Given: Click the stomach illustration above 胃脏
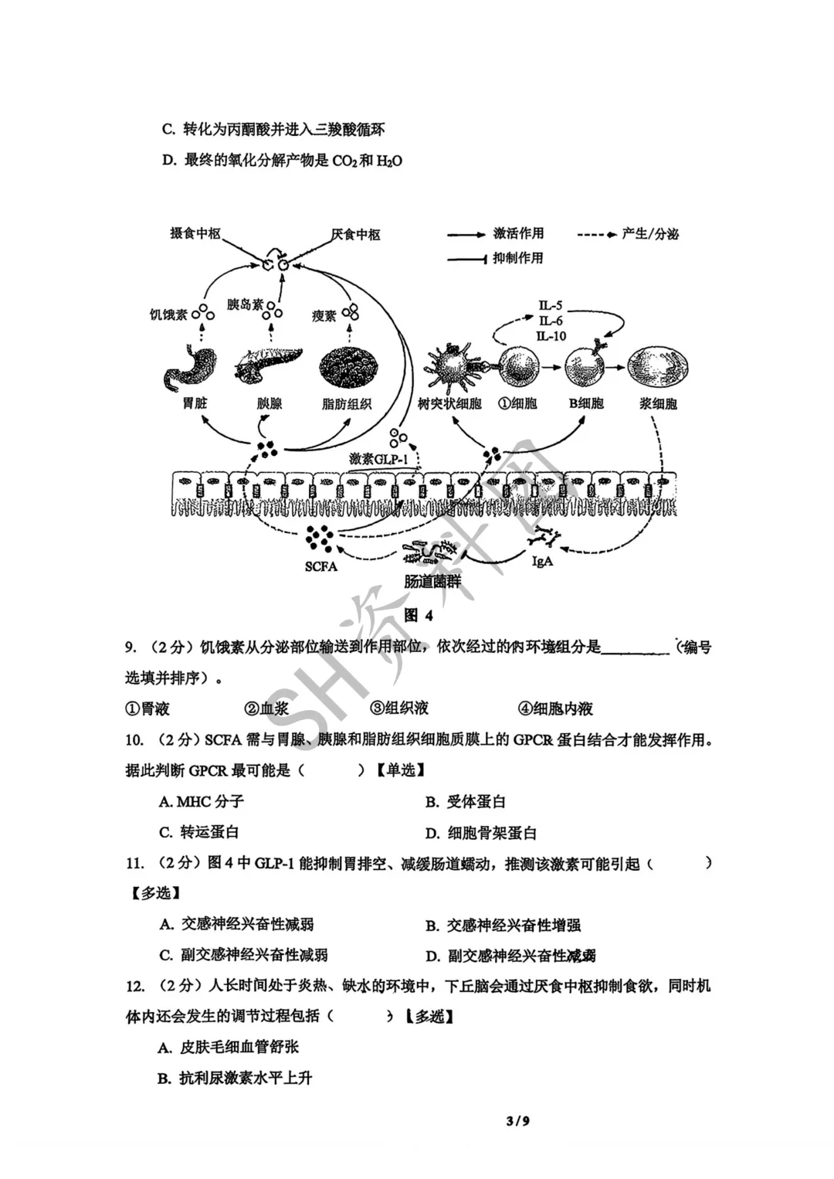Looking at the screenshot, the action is [185, 368].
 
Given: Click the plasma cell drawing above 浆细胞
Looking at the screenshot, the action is [658, 366].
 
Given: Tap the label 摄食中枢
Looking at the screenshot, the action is [195, 233].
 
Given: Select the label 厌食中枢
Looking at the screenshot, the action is [356, 234].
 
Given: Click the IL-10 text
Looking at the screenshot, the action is [551, 336].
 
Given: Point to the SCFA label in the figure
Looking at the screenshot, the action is [320, 566].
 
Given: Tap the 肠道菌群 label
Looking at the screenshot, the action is [433, 582].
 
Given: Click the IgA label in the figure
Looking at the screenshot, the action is [543, 562].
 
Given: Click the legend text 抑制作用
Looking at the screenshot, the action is [518, 258].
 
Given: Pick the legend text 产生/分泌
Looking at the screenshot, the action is [650, 233].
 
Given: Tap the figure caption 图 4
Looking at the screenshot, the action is [419, 615].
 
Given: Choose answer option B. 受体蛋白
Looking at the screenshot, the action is [466, 802].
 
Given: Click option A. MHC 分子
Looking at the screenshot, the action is [202, 802].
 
